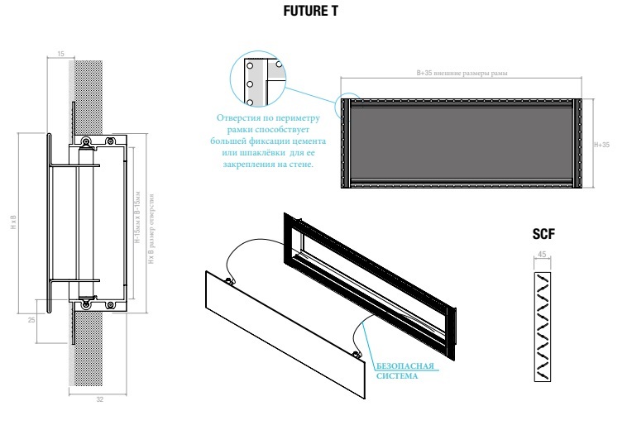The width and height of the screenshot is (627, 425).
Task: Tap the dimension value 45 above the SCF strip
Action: point(542,255)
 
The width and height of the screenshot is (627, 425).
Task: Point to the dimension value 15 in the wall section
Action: point(60,54)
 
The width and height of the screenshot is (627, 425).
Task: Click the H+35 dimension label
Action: point(601,145)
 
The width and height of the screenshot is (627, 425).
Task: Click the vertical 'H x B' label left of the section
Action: point(14,223)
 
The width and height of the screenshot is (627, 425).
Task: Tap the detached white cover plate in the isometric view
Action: point(281,330)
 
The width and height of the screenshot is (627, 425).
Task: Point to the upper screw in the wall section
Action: point(86,142)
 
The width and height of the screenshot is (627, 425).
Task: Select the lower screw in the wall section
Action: point(85,304)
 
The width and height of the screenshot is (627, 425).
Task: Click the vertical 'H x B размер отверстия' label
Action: point(149,223)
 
